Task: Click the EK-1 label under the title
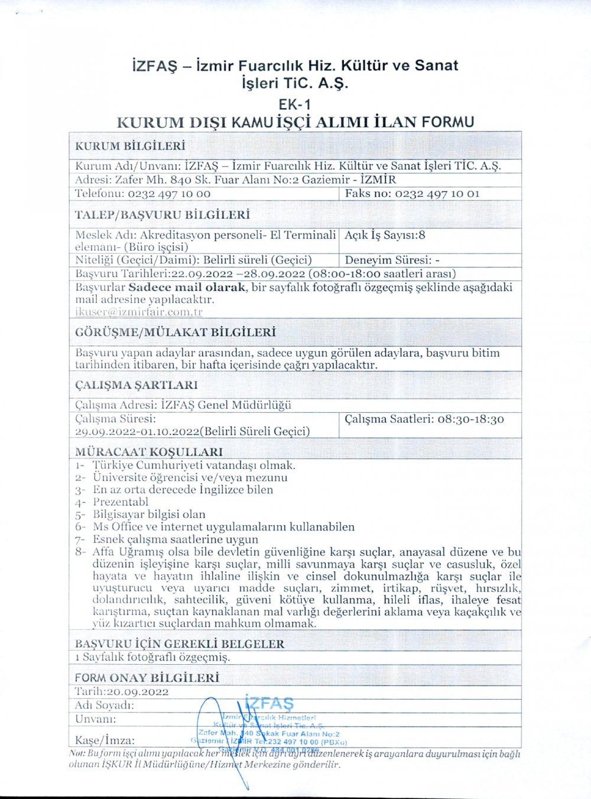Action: [295, 104]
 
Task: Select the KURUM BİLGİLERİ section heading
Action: [130, 146]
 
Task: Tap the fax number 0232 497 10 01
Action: [437, 193]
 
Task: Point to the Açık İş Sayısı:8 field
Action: [385, 235]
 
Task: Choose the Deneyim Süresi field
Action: [392, 260]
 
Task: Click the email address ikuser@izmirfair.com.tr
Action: [139, 312]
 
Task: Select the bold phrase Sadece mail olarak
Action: [187, 287]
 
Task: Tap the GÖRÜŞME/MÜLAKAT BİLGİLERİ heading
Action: [176, 332]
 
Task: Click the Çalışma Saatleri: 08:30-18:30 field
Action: [424, 419]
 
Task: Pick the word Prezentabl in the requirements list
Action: [121, 502]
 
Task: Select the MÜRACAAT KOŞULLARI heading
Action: [149, 452]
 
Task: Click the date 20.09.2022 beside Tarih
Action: [138, 691]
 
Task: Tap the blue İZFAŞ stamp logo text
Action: [269, 704]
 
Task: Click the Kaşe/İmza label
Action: [105, 740]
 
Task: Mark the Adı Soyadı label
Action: [105, 705]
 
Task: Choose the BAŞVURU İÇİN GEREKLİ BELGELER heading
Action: [180, 643]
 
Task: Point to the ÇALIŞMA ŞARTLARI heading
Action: [137, 385]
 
